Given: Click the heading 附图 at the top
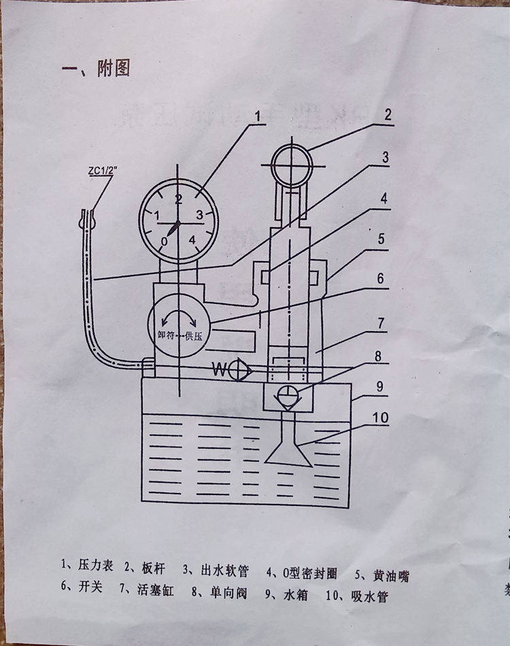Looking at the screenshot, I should (113, 69).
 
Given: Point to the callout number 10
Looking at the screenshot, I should (380, 418).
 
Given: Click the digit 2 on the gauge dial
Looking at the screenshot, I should (179, 199).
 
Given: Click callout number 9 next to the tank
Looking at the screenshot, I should (381, 384).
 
